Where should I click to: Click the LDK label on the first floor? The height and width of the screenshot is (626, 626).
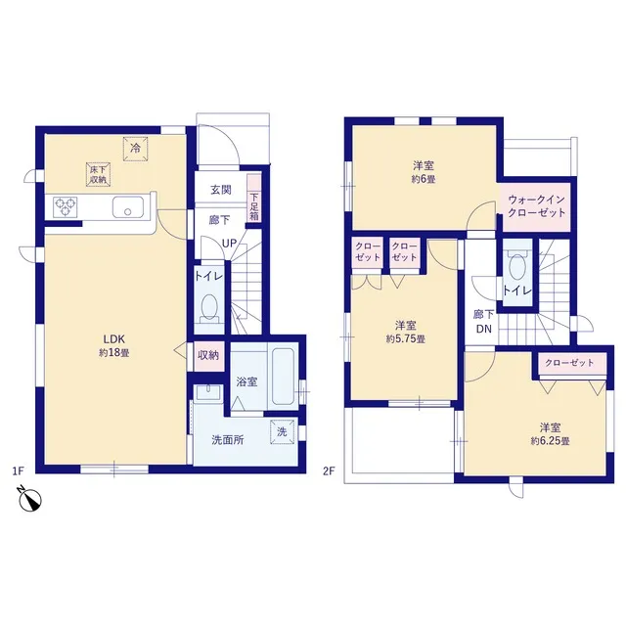(114, 339)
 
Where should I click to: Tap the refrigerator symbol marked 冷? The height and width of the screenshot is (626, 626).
(135, 149)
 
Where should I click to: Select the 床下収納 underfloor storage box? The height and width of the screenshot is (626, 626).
(98, 175)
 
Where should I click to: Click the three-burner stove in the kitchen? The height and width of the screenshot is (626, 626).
(66, 207)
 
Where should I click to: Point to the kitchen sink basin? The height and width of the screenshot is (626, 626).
(128, 207)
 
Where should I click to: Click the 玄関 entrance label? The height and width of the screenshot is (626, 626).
(221, 190)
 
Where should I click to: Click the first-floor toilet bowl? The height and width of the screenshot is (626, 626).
(209, 309)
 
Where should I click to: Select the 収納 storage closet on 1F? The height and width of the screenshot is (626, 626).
(208, 355)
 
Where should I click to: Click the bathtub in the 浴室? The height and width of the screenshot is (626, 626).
(283, 376)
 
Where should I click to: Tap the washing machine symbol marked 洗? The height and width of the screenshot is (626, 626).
(282, 432)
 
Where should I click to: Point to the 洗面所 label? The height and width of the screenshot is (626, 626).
(228, 440)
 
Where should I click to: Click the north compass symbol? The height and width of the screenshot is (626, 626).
(30, 499)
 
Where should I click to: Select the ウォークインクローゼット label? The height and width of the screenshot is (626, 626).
(536, 205)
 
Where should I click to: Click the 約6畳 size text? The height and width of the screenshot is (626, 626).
(424, 179)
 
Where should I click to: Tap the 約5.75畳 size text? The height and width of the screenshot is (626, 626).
(405, 339)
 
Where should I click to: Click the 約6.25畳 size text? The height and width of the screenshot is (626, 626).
(550, 441)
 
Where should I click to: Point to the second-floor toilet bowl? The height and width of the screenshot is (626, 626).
(517, 266)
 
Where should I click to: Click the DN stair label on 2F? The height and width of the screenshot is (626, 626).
(484, 330)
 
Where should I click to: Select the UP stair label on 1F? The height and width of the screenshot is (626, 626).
(229, 244)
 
